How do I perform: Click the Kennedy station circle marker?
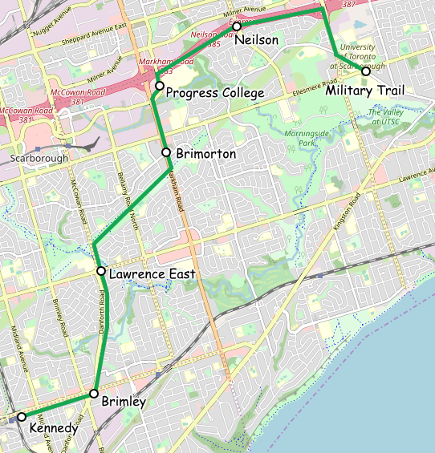coord(22,416)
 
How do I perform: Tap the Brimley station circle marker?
coord(94,394)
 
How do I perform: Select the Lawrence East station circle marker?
coord(101,271)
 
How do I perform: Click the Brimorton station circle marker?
coord(165,152)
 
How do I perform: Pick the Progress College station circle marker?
coord(159,85)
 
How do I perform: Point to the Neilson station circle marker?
coord(237,26)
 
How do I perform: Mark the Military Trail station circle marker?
coord(366,71)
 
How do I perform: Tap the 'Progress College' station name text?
coord(214,94)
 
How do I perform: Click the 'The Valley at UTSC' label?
coord(388,116)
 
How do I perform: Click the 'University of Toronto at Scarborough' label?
coord(362,56)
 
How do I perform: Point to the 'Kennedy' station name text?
coord(53,429)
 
